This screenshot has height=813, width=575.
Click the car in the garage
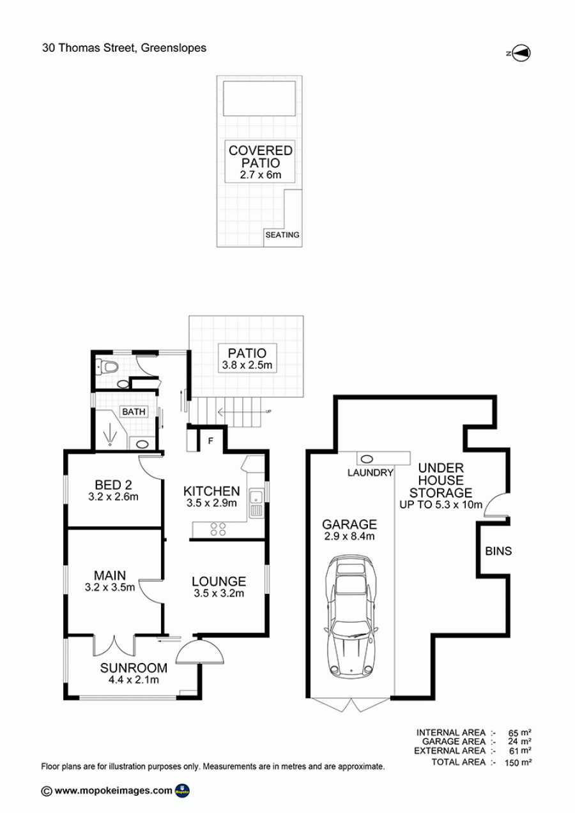point(352,617)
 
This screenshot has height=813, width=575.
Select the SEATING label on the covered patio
point(282,235)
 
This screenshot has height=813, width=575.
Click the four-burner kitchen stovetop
point(218,529)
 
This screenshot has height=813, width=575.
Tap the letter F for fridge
point(211,441)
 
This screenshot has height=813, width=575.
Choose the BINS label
point(498,551)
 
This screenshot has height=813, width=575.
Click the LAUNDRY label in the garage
point(371,473)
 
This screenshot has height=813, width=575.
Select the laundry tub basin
point(367,459)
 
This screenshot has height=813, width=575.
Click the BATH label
point(134,411)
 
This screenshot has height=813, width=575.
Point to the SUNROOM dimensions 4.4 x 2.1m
point(134,680)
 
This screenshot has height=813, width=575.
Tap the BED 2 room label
point(113,485)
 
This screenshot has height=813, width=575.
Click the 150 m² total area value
point(518,763)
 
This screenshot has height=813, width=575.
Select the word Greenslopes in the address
point(174,48)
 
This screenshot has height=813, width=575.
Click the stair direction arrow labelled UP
point(244,411)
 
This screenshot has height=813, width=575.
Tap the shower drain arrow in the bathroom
point(110,437)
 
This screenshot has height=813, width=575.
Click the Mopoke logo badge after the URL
point(182,791)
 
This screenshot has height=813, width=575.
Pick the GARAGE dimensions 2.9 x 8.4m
point(349,536)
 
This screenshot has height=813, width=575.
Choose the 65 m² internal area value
point(520,733)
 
